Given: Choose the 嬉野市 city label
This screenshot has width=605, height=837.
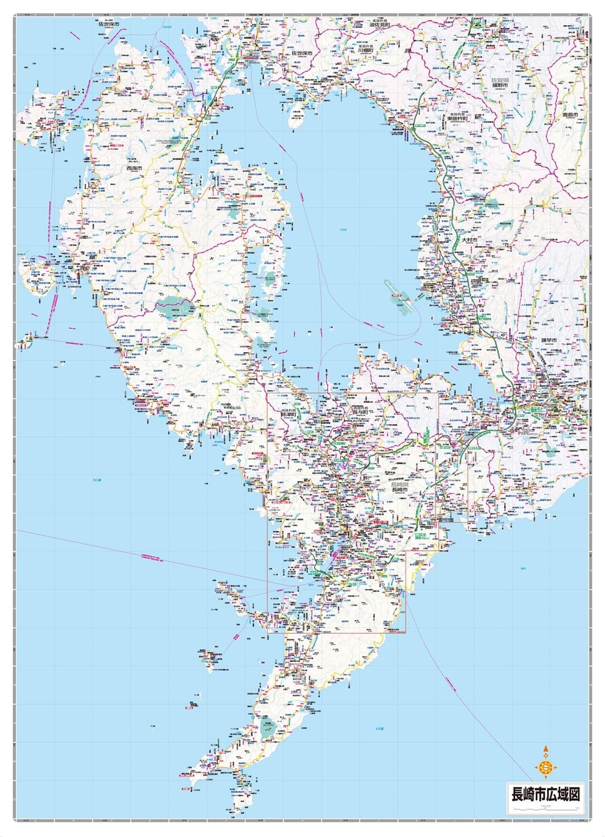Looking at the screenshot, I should pos(500,87).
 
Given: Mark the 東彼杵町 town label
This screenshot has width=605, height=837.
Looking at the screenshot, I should pos(457,118).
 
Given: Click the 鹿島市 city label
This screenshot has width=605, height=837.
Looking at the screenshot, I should pos(572,115).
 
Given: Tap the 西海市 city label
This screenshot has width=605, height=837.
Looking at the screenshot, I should pos(134,168).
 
